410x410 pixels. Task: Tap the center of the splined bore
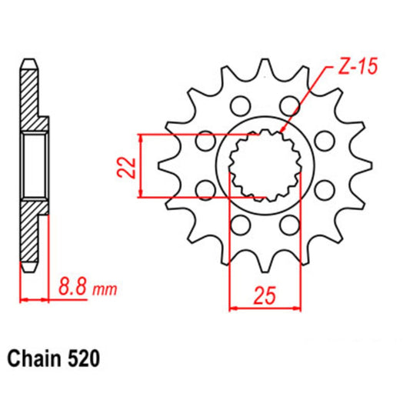(x=265, y=165)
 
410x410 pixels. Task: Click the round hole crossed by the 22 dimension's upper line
(x=205, y=141)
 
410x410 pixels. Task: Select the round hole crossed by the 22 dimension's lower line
(x=205, y=189)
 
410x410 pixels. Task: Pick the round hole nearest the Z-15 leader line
(x=291, y=105)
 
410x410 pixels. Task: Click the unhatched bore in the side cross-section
(x=34, y=165)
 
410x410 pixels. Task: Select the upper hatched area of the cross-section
(x=31, y=96)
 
